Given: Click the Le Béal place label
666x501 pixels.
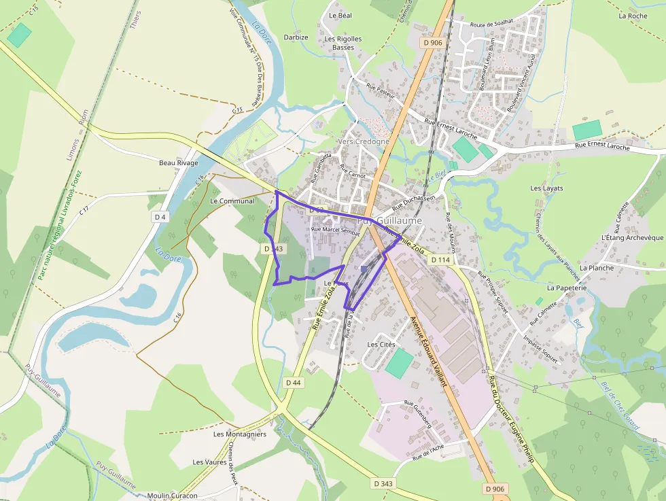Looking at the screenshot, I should (340, 15).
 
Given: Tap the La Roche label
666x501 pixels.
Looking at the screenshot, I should (633, 16).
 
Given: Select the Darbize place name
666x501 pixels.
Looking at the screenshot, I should (296, 37).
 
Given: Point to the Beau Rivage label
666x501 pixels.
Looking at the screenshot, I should (178, 163).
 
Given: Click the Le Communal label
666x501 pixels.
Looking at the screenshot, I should (232, 201).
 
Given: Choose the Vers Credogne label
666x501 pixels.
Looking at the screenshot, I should (364, 141).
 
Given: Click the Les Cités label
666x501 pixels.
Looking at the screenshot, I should (381, 345).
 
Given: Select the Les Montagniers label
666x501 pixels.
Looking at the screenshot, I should (239, 434).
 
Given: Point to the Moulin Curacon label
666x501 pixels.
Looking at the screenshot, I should (172, 496).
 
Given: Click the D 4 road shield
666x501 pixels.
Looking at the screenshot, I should (160, 217).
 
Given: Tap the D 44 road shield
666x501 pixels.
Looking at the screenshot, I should (293, 383).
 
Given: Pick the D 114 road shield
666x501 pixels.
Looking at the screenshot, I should (440, 260).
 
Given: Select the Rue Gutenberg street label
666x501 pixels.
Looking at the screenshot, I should (417, 413).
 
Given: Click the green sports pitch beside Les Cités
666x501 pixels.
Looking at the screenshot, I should (399, 363).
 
